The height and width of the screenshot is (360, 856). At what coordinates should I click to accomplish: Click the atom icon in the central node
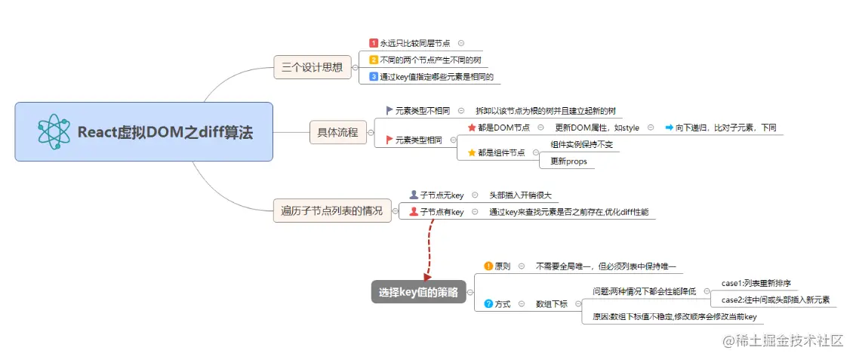(54, 132)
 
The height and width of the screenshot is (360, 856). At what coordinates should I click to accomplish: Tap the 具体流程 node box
(337, 134)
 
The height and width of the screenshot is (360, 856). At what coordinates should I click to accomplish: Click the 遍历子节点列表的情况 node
(331, 211)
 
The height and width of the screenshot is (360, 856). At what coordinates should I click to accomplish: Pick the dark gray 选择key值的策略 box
(418, 293)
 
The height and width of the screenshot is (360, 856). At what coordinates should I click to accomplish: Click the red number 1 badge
(374, 44)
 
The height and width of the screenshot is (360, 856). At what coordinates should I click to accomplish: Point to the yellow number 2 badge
(374, 60)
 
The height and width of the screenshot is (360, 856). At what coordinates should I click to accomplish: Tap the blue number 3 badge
(374, 76)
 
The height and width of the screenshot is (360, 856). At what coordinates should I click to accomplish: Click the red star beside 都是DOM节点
(472, 128)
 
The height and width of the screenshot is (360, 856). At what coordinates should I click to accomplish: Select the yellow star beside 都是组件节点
(472, 152)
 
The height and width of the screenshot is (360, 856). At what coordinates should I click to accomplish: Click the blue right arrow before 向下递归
(669, 128)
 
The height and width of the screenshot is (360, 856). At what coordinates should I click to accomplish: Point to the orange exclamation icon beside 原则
(488, 266)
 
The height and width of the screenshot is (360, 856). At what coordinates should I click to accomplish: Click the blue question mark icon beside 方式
(488, 303)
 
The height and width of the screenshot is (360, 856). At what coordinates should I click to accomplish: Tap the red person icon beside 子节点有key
(413, 212)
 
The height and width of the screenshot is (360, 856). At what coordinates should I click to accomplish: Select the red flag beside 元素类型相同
(390, 140)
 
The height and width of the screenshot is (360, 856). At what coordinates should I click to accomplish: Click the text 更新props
(568, 161)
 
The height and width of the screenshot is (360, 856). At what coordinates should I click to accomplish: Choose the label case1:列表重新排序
(756, 283)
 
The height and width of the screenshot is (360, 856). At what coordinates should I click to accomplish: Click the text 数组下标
(551, 303)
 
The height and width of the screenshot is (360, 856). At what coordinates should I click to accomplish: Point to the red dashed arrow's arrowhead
(426, 278)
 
